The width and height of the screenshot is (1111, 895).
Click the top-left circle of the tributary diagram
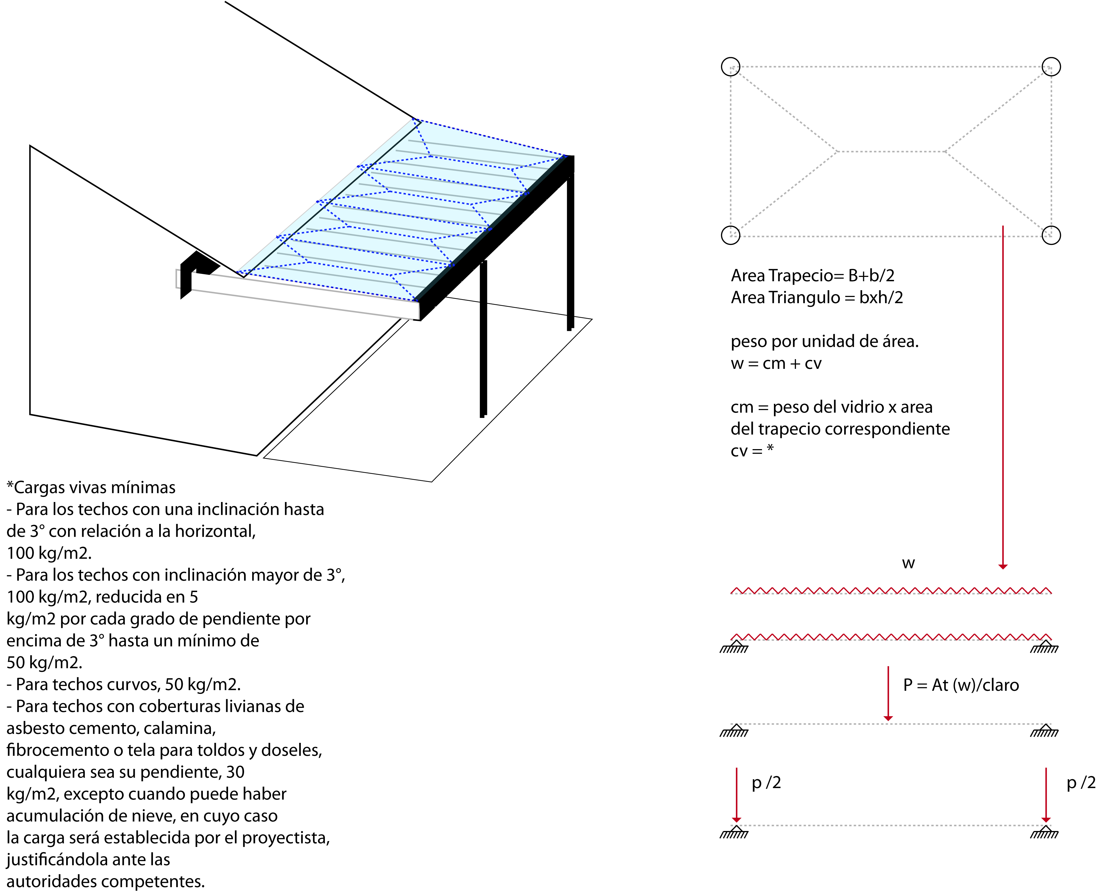[731, 66]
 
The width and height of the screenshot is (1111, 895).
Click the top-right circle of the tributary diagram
[1051, 66]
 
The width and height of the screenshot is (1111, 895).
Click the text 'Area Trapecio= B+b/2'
[812, 276]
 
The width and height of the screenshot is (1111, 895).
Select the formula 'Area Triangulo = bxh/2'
[817, 298]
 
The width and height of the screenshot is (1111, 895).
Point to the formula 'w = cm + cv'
[776, 363]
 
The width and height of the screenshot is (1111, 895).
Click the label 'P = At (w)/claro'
[961, 685]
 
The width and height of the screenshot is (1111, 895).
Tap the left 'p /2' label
[766, 783]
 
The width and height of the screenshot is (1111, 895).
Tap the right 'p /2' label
[1081, 783]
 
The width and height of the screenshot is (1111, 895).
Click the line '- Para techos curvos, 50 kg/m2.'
[124, 685]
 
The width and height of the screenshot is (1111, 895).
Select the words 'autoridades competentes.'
[106, 882]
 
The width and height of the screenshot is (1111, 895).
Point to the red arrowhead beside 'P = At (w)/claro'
[888, 718]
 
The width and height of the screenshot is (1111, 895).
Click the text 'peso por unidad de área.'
[824, 341]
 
